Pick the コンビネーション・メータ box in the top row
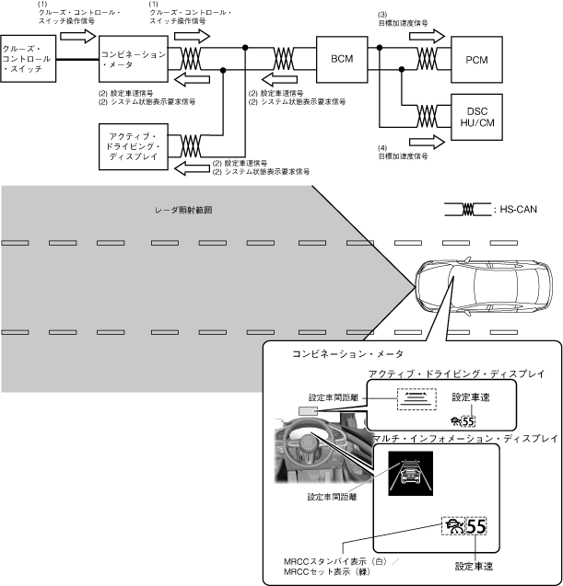pos(133,56)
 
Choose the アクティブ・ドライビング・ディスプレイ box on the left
pos(133,145)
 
